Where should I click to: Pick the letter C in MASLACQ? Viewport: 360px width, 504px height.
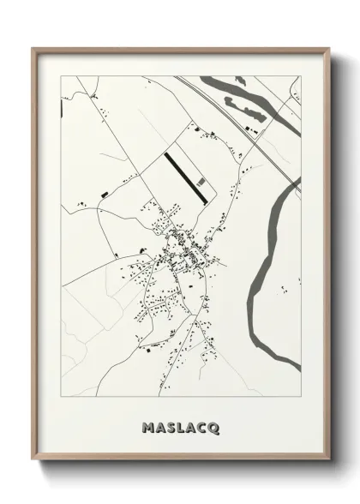point(203,426)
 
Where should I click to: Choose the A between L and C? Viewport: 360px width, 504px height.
point(191,426)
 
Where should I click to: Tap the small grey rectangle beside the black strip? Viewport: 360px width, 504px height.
point(201,181)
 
